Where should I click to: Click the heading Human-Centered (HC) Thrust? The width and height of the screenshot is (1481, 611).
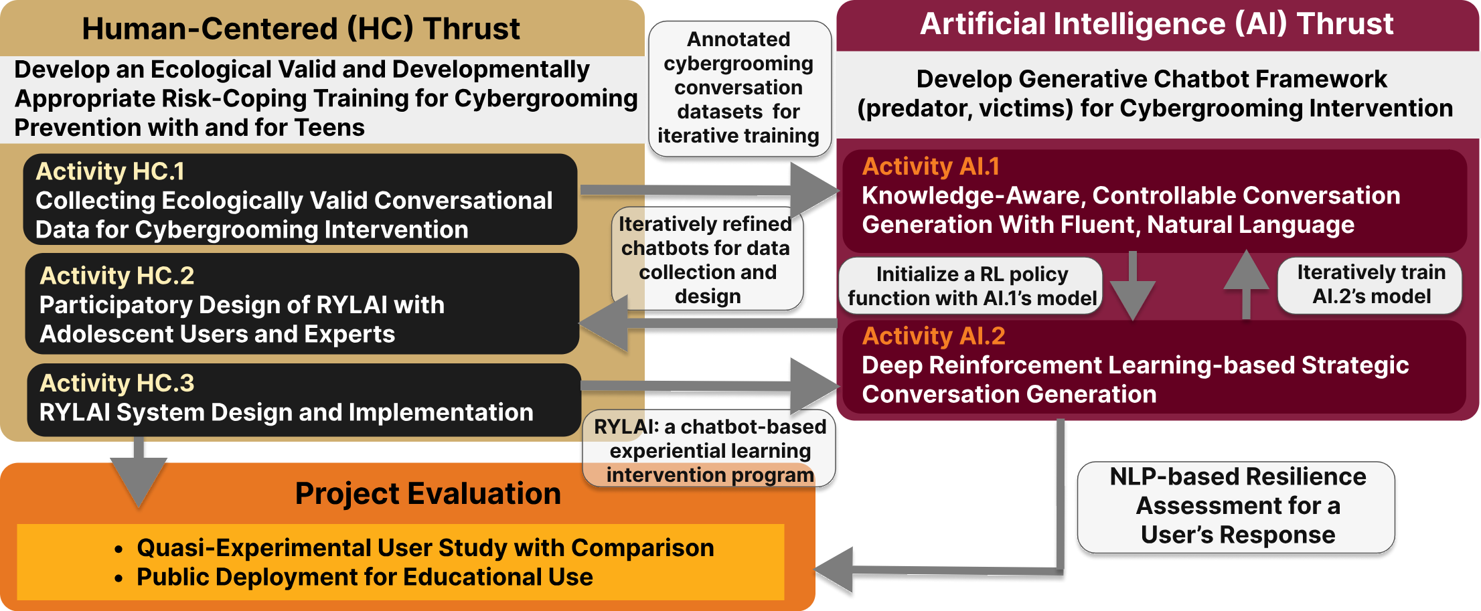point(301,29)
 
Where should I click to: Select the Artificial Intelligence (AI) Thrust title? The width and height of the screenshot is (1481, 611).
point(1156,24)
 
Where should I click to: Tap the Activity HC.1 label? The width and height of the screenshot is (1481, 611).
point(110,171)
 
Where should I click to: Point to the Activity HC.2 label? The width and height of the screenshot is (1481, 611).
point(116,276)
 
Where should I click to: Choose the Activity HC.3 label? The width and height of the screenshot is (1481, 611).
point(116,383)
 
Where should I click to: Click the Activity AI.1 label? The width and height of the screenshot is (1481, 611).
point(931,166)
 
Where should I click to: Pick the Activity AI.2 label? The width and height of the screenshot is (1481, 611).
point(933,336)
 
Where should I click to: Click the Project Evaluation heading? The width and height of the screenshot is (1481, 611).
point(428,494)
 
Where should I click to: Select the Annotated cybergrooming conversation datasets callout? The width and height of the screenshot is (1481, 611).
point(739,88)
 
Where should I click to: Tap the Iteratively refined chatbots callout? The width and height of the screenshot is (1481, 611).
point(707,260)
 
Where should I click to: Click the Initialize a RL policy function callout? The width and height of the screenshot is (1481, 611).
point(971,286)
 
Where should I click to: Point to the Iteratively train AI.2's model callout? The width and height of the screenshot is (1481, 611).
point(1371,285)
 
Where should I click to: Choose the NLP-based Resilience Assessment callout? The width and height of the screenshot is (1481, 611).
point(1237,507)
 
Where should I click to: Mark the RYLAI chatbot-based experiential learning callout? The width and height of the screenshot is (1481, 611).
point(710,450)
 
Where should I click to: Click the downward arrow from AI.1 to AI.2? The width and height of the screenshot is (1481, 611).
point(1133,286)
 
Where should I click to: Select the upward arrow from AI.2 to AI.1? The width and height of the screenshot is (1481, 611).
point(1246,284)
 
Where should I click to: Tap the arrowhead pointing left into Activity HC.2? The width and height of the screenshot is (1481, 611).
point(603,323)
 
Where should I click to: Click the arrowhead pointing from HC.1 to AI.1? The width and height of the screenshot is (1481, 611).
point(815,191)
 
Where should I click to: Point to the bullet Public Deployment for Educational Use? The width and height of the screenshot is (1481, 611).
point(364,577)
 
